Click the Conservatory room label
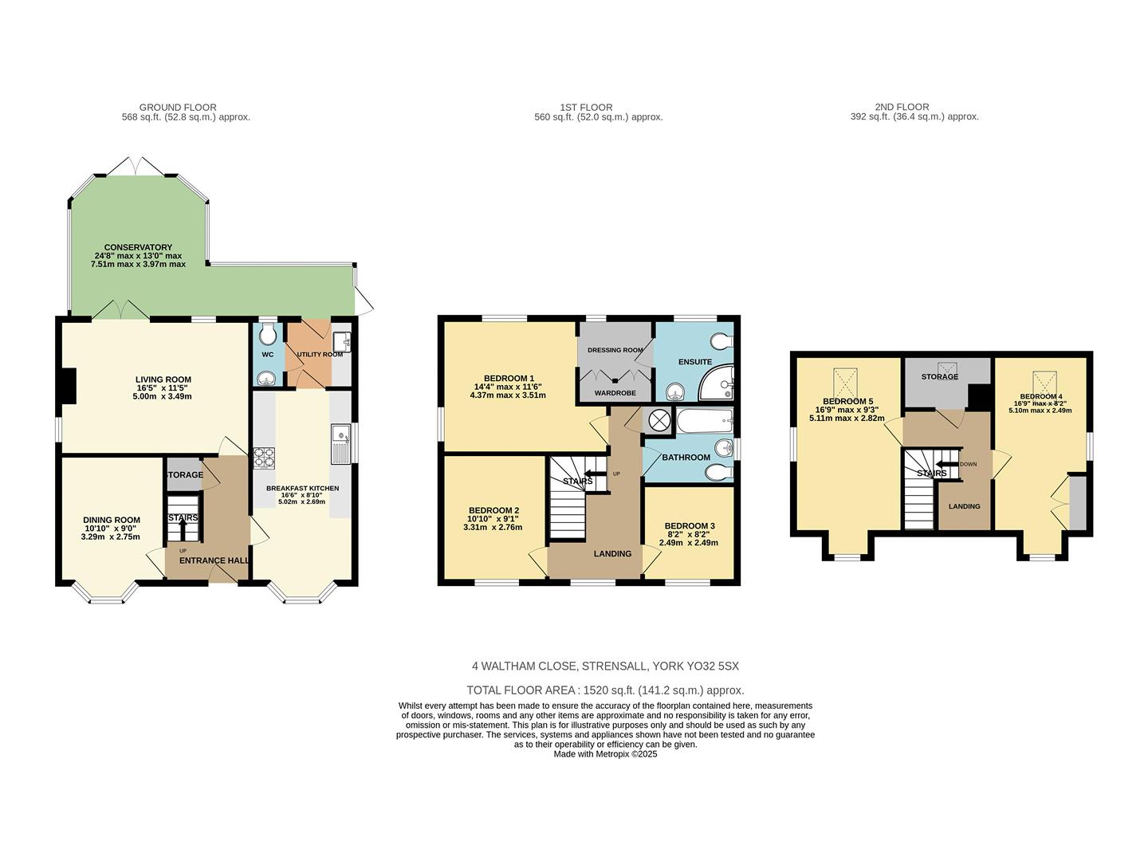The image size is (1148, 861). pos(138,247)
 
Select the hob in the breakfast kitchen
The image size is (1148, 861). pos(264,457)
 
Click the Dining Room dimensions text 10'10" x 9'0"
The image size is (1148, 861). pos(111,529)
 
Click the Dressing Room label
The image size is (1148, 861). pos(615,350)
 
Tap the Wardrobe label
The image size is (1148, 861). pos(615,393)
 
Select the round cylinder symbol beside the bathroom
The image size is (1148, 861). pos(659,419)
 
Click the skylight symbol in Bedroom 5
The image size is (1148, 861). pos(847,380)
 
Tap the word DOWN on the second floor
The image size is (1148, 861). pos(968,464)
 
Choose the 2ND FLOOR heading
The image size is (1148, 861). pos(902,107)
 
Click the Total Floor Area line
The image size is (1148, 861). pos(605,690)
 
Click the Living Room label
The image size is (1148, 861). pos(163,379)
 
